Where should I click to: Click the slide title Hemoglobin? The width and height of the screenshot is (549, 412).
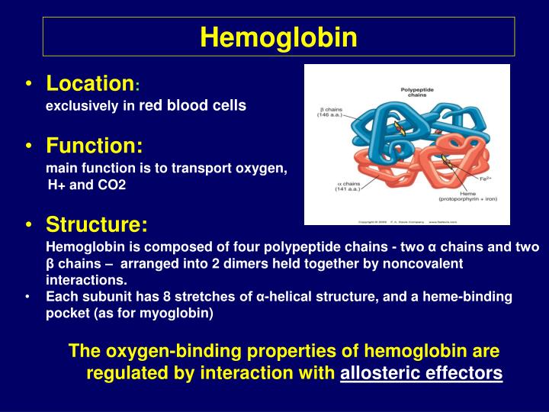coord(278,37)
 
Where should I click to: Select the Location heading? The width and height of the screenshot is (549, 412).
coord(90,82)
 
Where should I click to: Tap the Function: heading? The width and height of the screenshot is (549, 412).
coord(94,145)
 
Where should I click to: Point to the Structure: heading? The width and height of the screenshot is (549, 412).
coord(97,225)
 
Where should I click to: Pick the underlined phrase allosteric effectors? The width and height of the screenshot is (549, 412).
coord(422,373)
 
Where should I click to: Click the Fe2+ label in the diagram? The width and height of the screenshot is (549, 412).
coord(486,177)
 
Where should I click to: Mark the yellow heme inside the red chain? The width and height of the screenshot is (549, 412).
coord(445,161)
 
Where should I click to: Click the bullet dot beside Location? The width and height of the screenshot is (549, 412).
coord(28,83)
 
